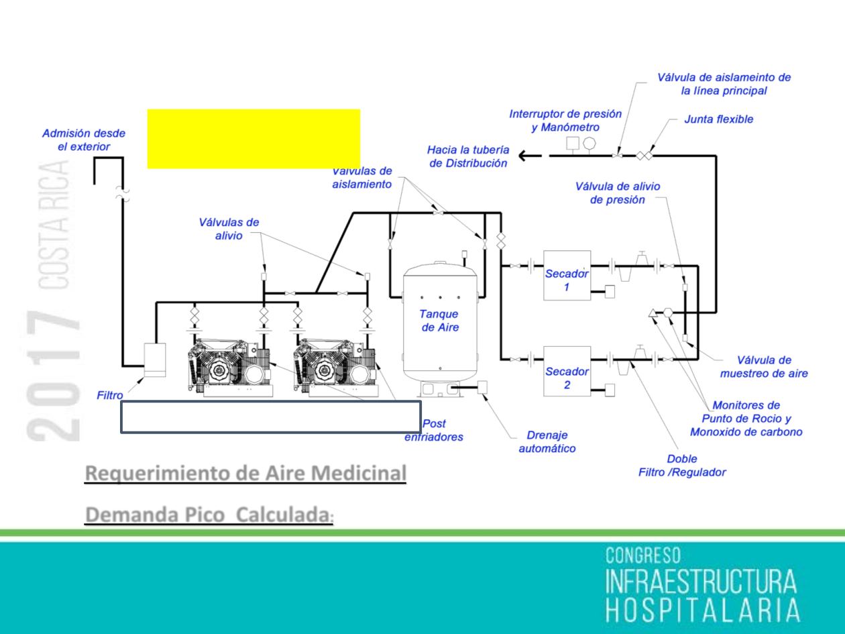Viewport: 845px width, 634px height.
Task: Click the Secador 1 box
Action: (x=567, y=274)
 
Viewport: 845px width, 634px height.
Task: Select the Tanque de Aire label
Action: (x=439, y=320)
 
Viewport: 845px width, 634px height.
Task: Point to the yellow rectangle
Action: (x=253, y=138)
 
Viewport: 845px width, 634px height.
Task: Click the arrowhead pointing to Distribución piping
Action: (x=526, y=157)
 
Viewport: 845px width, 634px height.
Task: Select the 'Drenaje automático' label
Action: (x=547, y=442)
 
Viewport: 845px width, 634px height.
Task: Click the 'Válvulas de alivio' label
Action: (x=229, y=229)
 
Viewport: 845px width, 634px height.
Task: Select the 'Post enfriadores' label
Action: (x=434, y=431)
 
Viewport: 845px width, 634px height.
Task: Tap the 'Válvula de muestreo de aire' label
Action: (x=764, y=367)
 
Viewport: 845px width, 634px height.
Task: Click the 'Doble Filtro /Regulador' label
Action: (x=681, y=466)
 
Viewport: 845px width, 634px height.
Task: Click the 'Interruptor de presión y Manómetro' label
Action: (x=565, y=120)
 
